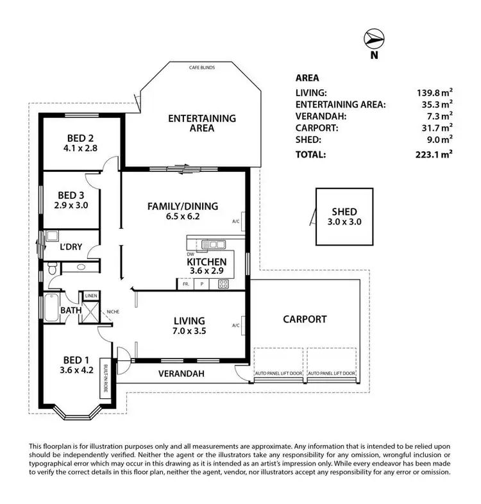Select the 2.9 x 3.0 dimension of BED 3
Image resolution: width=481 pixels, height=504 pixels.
pos(72,206)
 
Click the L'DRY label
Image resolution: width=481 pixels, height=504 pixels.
pos(71,247)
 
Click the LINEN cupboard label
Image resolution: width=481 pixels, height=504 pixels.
pos(90,296)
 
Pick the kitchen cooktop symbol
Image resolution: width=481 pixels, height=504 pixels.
pos(224,283)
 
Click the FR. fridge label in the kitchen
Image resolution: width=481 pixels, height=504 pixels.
pos(185,283)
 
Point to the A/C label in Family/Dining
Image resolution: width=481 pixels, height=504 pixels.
pos(237,222)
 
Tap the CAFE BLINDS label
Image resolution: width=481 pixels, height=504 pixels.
pos(202,67)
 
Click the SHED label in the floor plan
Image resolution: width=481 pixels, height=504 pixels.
pos(344,212)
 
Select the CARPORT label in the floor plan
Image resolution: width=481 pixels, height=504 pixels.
pos(305,319)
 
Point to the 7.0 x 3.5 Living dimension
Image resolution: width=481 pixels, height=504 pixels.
pos(189,332)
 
